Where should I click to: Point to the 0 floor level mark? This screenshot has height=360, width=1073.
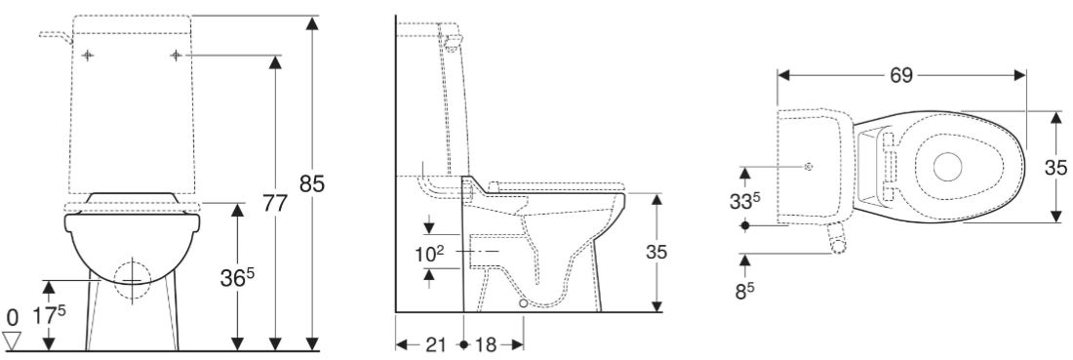tap(12, 317)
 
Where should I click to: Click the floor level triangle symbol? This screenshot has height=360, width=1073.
tap(13, 339)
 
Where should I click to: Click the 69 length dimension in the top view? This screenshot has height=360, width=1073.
tap(901, 74)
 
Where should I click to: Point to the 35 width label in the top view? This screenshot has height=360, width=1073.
tap(1055, 167)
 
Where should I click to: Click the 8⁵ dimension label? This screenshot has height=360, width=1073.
tap(745, 290)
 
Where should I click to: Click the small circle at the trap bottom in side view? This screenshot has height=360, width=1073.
tap(524, 304)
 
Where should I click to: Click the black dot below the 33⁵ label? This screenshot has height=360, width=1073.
tap(746, 225)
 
